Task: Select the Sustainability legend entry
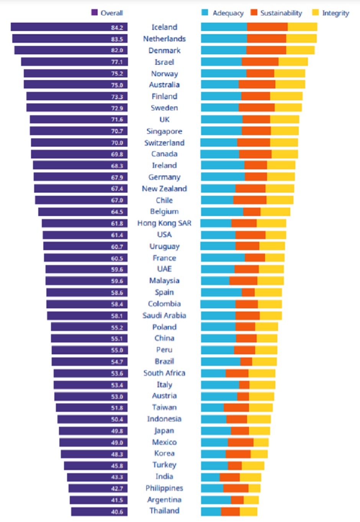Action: pyautogui.click(x=277, y=13)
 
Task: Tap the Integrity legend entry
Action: pyautogui.click(x=331, y=13)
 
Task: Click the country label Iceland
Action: pyautogui.click(x=164, y=27)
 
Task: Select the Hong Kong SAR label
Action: pyautogui.click(x=164, y=223)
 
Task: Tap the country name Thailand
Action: pyautogui.click(x=164, y=511)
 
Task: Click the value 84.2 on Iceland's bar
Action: pyautogui.click(x=117, y=28)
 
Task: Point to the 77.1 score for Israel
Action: pyautogui.click(x=117, y=62)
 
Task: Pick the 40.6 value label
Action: pyautogui.click(x=117, y=512)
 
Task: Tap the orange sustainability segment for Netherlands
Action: pyautogui.click(x=267, y=39)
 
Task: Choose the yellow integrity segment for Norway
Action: pyautogui.click(x=290, y=74)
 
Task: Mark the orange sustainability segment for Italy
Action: pyautogui.click(x=244, y=385)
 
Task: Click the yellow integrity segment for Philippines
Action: pyautogui.click(x=254, y=488)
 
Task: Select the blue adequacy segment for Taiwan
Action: pyautogui.click(x=212, y=407)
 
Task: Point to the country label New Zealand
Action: pyautogui.click(x=164, y=189)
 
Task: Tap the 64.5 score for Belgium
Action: pyautogui.click(x=117, y=212)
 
